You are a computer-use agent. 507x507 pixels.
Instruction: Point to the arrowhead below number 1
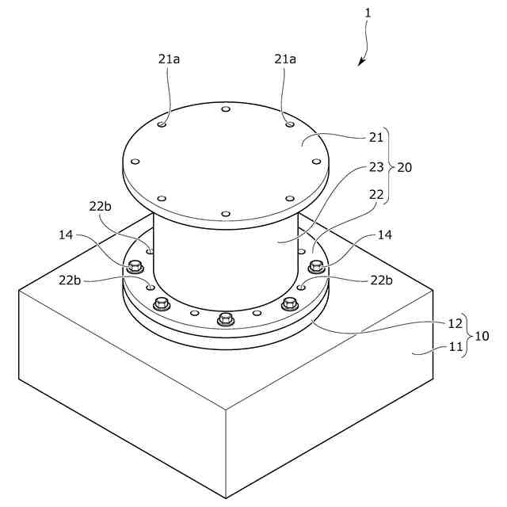(361, 63)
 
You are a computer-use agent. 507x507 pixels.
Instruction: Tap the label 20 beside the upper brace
(404, 168)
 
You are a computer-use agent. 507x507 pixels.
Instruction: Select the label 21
(376, 138)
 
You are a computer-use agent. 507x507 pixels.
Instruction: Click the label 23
(376, 167)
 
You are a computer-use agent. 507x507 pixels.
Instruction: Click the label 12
(454, 323)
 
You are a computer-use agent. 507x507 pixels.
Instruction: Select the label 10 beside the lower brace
(482, 336)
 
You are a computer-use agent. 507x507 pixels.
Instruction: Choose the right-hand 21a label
(285, 59)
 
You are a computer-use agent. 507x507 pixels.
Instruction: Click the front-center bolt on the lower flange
(226, 319)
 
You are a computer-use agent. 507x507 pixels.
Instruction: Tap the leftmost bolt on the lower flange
(135, 265)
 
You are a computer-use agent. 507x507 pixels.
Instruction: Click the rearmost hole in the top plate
(226, 109)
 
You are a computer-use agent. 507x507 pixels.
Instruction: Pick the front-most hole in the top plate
(226, 213)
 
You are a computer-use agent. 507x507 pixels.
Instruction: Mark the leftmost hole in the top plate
(135, 162)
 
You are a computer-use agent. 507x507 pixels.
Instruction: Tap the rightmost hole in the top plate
(317, 162)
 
